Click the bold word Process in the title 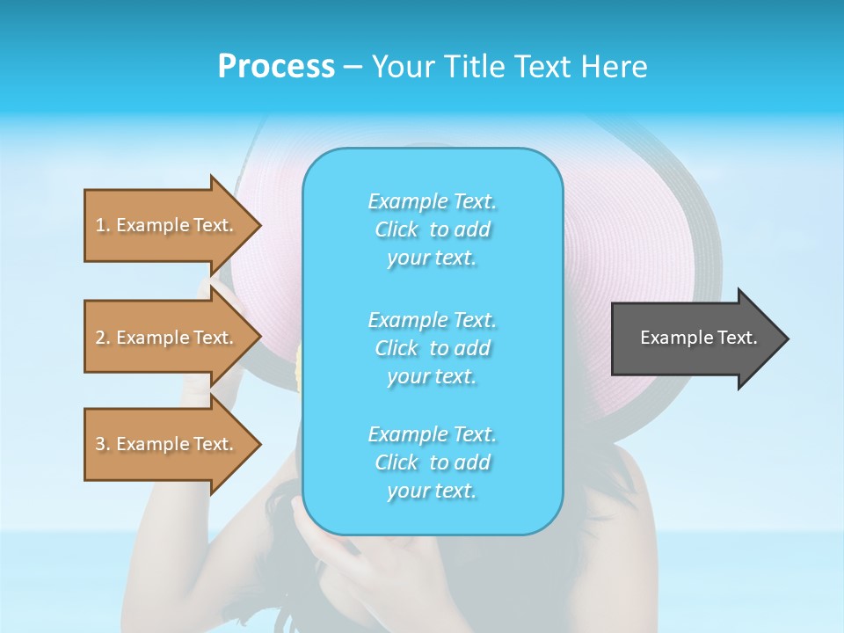(276, 67)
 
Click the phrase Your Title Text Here (509, 67)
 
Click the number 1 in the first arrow (101, 225)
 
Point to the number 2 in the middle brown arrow (101, 338)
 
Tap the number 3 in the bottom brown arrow (101, 444)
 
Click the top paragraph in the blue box (432, 229)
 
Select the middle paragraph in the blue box (432, 348)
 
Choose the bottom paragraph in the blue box (432, 462)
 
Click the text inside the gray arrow (699, 338)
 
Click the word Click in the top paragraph (397, 229)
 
